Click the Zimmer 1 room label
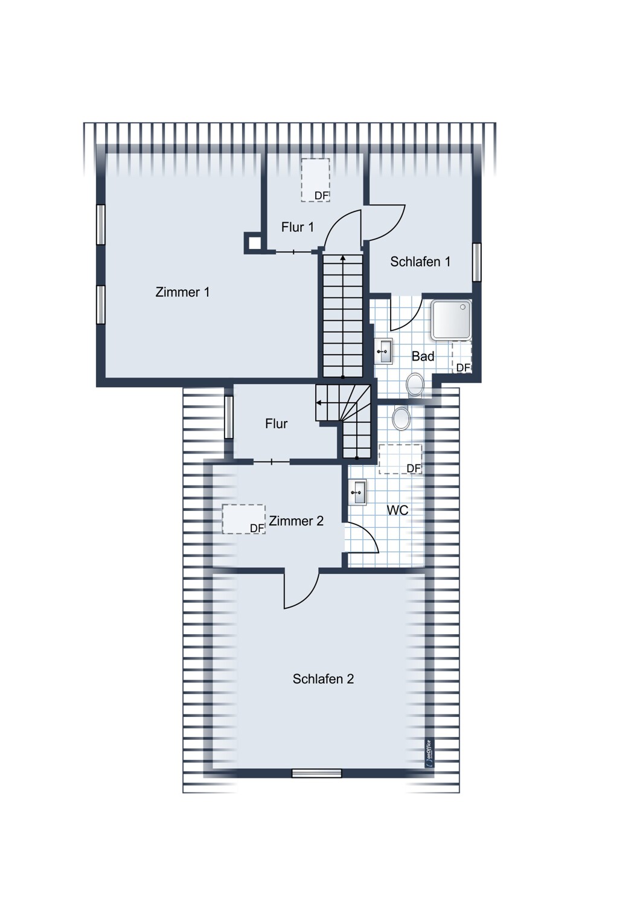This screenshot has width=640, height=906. point(182,292)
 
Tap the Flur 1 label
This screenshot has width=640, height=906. point(298,227)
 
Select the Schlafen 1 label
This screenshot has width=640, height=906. point(420,262)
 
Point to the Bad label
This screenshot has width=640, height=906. point(423,356)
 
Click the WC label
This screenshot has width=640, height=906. point(398,510)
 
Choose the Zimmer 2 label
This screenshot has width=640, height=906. point(296,521)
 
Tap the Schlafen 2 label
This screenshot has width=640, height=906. point(323,679)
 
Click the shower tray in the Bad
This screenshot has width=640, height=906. point(451,320)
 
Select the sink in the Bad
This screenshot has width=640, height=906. point(383,351)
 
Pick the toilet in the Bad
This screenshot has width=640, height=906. point(415,385)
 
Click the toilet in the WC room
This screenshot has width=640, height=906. point(401,418)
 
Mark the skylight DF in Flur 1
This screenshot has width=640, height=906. point(315,180)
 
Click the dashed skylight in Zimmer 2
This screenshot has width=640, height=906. point(244,519)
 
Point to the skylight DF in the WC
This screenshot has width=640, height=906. point(400,459)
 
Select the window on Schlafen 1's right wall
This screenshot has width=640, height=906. point(476,262)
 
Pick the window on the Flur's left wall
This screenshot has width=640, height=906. point(229,417)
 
